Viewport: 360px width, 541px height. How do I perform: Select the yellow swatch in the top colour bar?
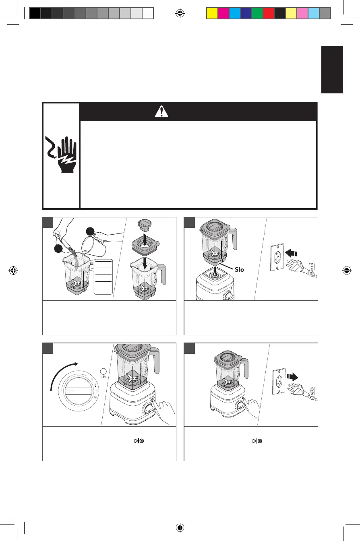[x=212, y=14]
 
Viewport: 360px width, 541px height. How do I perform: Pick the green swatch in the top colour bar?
[x=257, y=14]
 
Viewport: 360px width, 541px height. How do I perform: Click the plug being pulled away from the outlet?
[x=306, y=390]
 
